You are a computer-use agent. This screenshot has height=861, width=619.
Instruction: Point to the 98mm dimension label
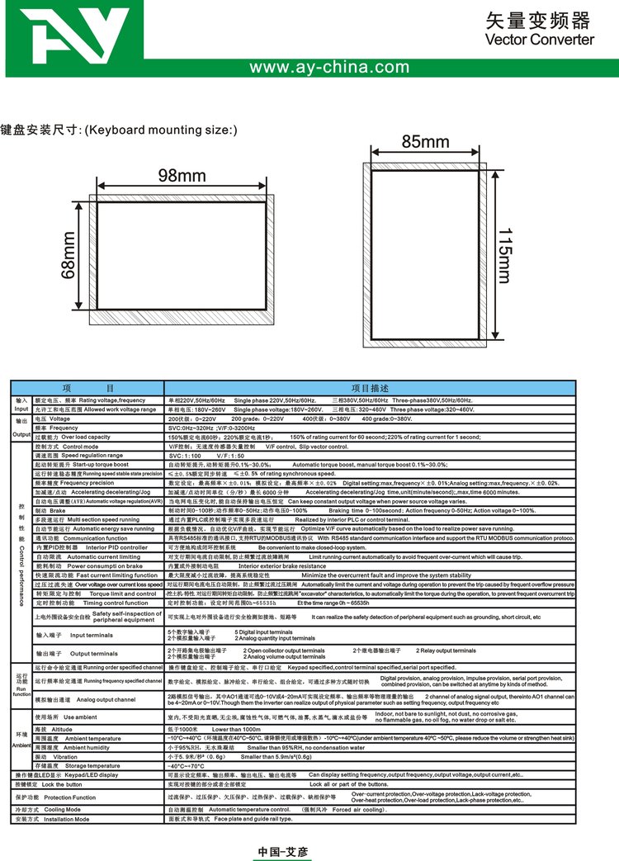tap(181, 176)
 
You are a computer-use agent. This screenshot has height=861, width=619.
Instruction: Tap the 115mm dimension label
tap(505, 253)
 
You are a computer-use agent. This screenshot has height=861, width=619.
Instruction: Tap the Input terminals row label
tap(91, 635)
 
